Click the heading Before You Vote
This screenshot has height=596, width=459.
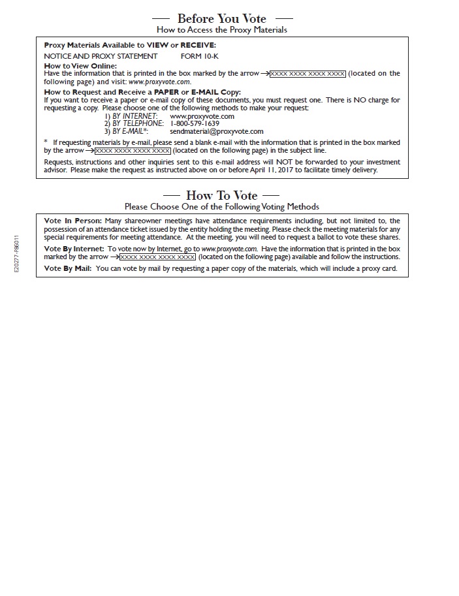tap(222, 18)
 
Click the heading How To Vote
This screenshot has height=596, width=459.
tap(221, 195)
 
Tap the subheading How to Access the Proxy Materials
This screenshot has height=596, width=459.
tap(221, 29)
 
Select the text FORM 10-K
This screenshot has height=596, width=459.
tap(200, 56)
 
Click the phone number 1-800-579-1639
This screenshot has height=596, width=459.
tap(195, 123)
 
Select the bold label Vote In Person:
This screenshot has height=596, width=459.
tap(72, 221)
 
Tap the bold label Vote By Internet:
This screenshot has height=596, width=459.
tap(74, 249)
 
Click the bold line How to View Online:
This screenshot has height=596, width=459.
tap(80, 66)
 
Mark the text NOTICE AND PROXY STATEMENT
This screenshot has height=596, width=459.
tap(101, 56)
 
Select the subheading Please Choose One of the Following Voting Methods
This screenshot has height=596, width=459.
tap(221, 206)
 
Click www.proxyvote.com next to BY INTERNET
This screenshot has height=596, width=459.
tap(202, 116)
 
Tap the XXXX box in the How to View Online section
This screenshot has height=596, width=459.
tap(308, 74)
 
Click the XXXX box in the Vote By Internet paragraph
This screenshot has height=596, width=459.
tap(157, 257)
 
